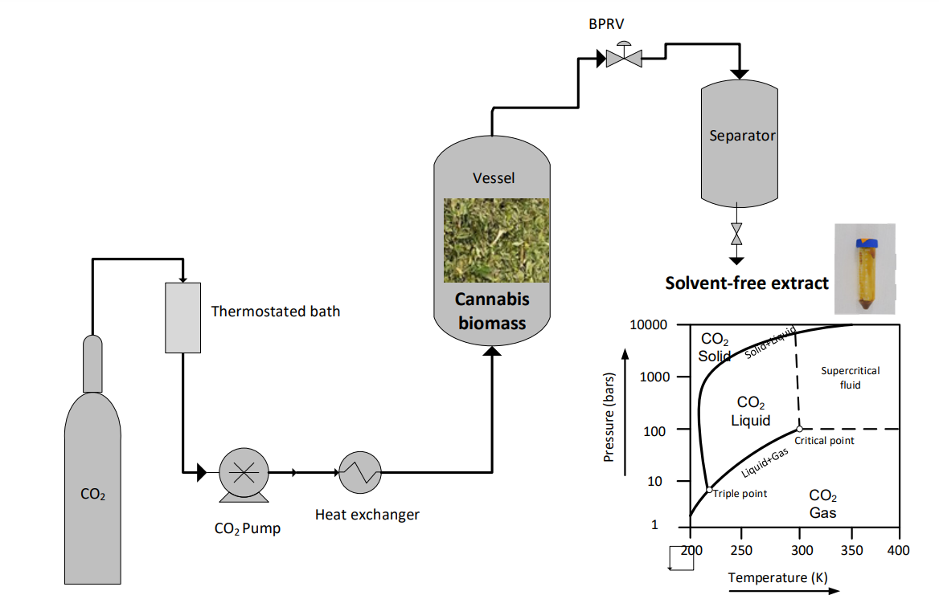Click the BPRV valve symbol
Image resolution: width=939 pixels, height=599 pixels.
[x=623, y=57]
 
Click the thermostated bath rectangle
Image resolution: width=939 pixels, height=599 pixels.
[x=182, y=317]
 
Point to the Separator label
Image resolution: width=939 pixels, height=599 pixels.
[x=741, y=136]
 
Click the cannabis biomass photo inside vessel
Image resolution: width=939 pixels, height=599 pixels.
[x=496, y=240]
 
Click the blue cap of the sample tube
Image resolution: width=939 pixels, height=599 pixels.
[x=865, y=240]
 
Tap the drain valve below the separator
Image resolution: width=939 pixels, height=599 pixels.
[x=736, y=234]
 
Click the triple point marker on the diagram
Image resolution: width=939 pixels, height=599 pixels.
[x=708, y=489]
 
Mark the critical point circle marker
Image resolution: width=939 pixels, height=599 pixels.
[x=799, y=429]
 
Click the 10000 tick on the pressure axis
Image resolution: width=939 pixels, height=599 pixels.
[x=650, y=324]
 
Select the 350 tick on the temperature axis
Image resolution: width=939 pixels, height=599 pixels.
[x=851, y=550]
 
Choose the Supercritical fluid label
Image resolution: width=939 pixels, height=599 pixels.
[x=850, y=377]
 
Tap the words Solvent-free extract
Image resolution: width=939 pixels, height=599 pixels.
[x=746, y=283]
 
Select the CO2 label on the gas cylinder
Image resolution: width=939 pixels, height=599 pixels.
[x=93, y=495]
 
